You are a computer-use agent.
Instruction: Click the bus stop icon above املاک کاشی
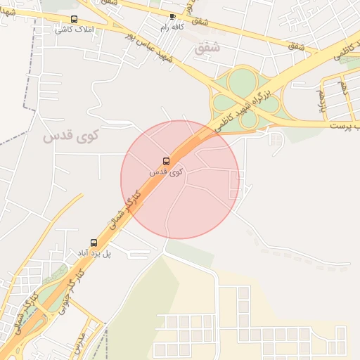(x=75, y=20)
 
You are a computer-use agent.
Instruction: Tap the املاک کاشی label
(x=75, y=30)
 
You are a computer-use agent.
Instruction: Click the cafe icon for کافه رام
(x=173, y=15)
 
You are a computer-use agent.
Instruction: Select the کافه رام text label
(x=173, y=26)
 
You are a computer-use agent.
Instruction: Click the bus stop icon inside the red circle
(x=166, y=161)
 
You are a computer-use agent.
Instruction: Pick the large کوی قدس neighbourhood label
(x=72, y=136)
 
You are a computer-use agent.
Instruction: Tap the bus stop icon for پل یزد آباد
(x=94, y=243)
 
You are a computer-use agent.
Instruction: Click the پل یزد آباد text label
(x=94, y=252)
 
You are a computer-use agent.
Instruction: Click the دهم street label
(x=343, y=87)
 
